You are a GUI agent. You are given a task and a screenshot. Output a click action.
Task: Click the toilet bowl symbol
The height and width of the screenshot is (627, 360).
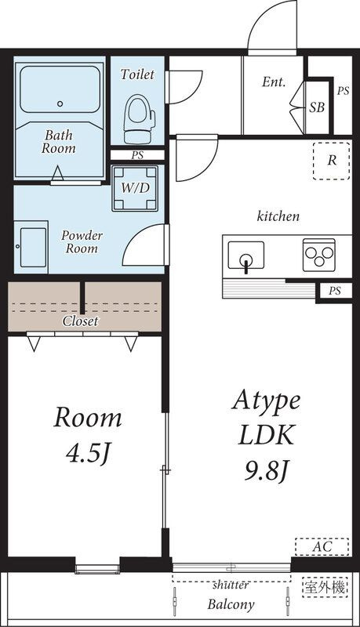tap(139, 119)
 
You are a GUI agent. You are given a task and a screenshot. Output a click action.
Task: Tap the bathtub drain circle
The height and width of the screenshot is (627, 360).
tap(60, 103)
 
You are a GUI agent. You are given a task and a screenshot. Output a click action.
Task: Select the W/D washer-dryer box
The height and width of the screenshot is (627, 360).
tap(135, 188)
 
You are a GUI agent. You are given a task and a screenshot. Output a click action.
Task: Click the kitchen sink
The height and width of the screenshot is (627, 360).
tap(246, 256)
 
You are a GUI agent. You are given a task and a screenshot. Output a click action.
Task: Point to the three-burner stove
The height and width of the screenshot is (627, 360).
tap(318, 255)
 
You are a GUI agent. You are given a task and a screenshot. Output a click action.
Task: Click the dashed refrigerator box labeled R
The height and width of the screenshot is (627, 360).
tap(332, 161)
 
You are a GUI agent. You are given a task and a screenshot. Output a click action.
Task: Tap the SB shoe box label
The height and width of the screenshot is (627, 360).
tap(317, 107)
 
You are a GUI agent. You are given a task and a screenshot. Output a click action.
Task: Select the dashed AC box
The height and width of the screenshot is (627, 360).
tap(322, 546)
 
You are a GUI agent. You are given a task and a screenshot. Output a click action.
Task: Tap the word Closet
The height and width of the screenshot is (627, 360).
tap(81, 321)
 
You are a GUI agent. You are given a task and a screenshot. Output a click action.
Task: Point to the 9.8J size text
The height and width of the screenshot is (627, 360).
tap(267, 471)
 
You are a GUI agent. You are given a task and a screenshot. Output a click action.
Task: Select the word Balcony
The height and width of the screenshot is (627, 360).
tap(231, 604)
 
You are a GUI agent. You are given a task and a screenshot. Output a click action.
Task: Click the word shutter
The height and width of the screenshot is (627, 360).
tap(231, 585)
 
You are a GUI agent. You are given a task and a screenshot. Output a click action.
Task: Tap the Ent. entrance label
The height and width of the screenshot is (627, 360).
tap(274, 82)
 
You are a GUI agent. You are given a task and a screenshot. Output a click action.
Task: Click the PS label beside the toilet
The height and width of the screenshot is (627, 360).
tap(137, 155)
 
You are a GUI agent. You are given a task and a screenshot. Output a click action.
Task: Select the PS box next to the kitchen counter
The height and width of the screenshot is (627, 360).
tap(334, 291)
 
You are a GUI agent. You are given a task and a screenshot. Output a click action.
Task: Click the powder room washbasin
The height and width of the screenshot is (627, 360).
tap(31, 247)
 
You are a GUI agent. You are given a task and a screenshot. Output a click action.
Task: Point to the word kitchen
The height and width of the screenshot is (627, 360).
tap(278, 216)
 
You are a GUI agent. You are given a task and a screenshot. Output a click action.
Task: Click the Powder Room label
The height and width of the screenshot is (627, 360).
tap(82, 241)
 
